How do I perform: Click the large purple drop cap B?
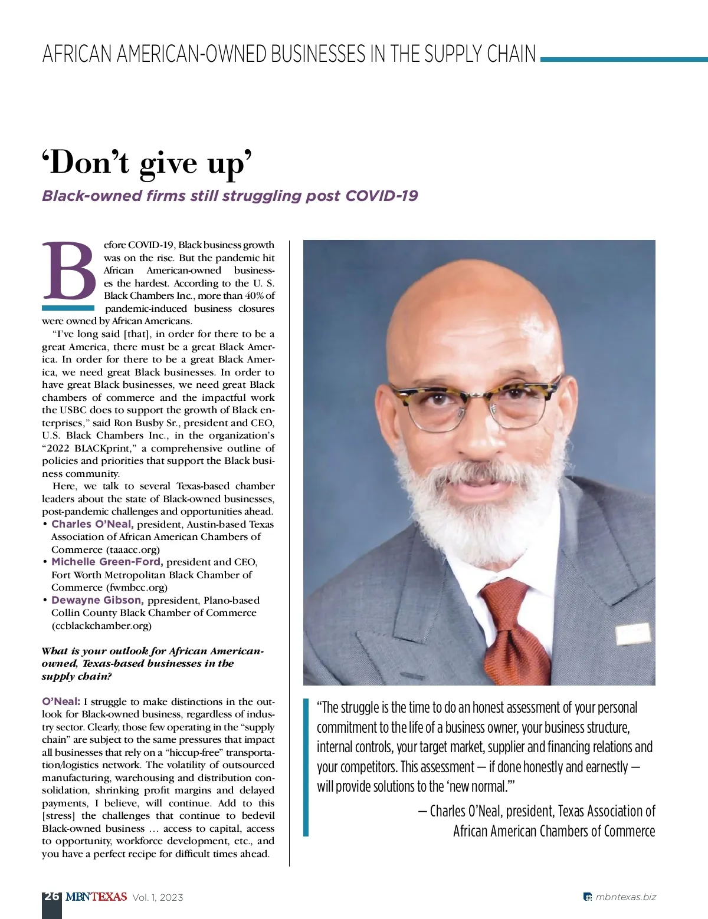pos(69,271)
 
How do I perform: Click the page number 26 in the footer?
pos(51,896)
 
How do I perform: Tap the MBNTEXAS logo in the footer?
pos(96,897)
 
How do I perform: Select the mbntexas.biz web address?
pos(625,897)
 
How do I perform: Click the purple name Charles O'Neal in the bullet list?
pos(92,524)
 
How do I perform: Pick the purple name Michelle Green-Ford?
pos(107,562)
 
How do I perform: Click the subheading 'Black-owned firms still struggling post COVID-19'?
pos(230,196)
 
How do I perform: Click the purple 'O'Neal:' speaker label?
pos(61,701)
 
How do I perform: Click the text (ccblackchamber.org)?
pos(101,625)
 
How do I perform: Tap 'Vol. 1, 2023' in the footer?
pos(158,897)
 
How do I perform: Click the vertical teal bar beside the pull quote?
pos(306,767)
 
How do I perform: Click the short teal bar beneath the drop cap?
pos(68,308)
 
